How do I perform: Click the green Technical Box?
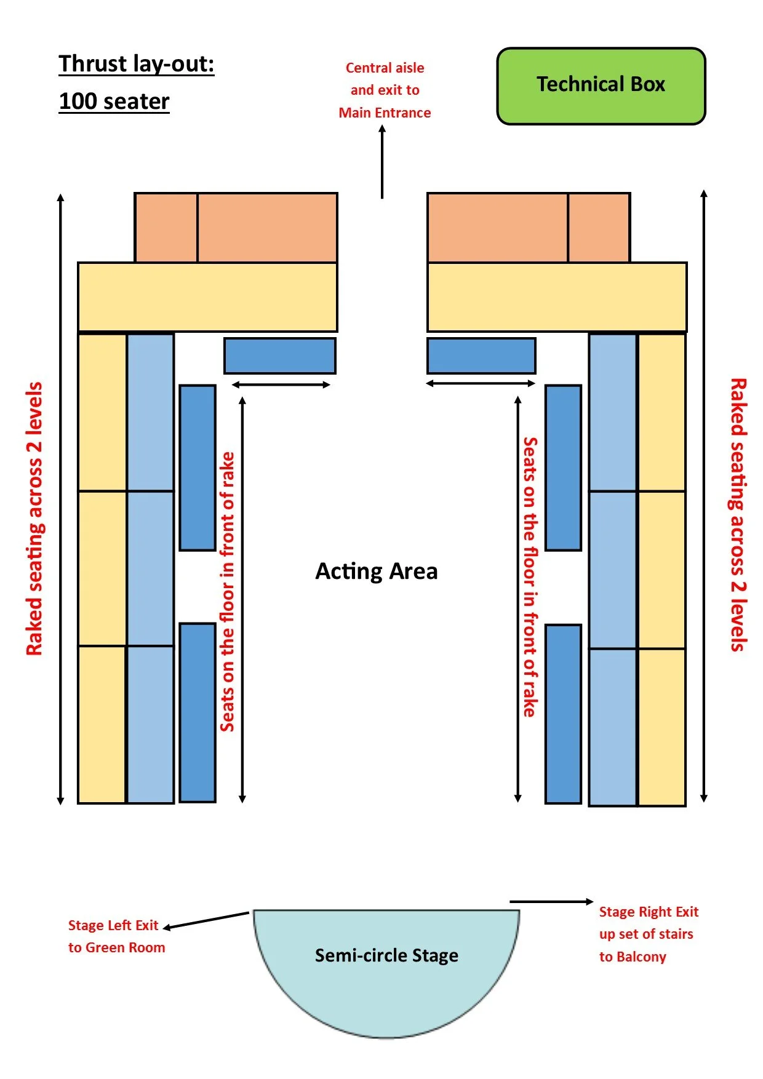click(x=601, y=86)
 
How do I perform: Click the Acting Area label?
click(x=376, y=571)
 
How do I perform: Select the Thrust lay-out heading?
click(x=136, y=64)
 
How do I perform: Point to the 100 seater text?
click(x=114, y=102)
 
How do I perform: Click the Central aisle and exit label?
click(x=385, y=90)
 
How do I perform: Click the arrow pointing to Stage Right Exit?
click(x=551, y=902)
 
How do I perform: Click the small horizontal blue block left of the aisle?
click(x=280, y=356)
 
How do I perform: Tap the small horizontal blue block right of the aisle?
click(x=481, y=356)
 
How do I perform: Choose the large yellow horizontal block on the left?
click(x=207, y=297)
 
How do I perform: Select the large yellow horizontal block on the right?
click(x=557, y=297)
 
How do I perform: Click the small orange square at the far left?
click(x=166, y=228)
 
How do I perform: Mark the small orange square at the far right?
click(x=599, y=228)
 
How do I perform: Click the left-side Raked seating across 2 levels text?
click(x=34, y=519)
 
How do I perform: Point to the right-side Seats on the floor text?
click(x=530, y=576)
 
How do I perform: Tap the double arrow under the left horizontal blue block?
click(x=281, y=385)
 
